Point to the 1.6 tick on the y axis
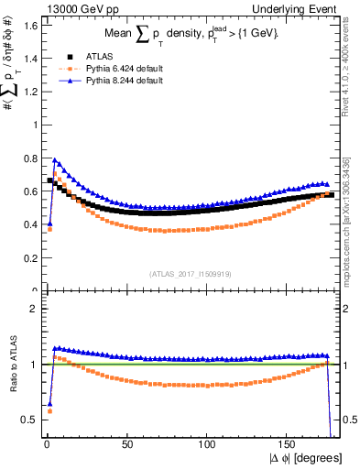point(28,25)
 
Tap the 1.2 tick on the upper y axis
point(28,92)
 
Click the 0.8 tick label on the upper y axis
point(28,158)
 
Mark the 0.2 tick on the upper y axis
point(28,258)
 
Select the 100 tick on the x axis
point(208,444)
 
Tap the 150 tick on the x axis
point(289,444)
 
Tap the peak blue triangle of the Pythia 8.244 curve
point(55,160)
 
